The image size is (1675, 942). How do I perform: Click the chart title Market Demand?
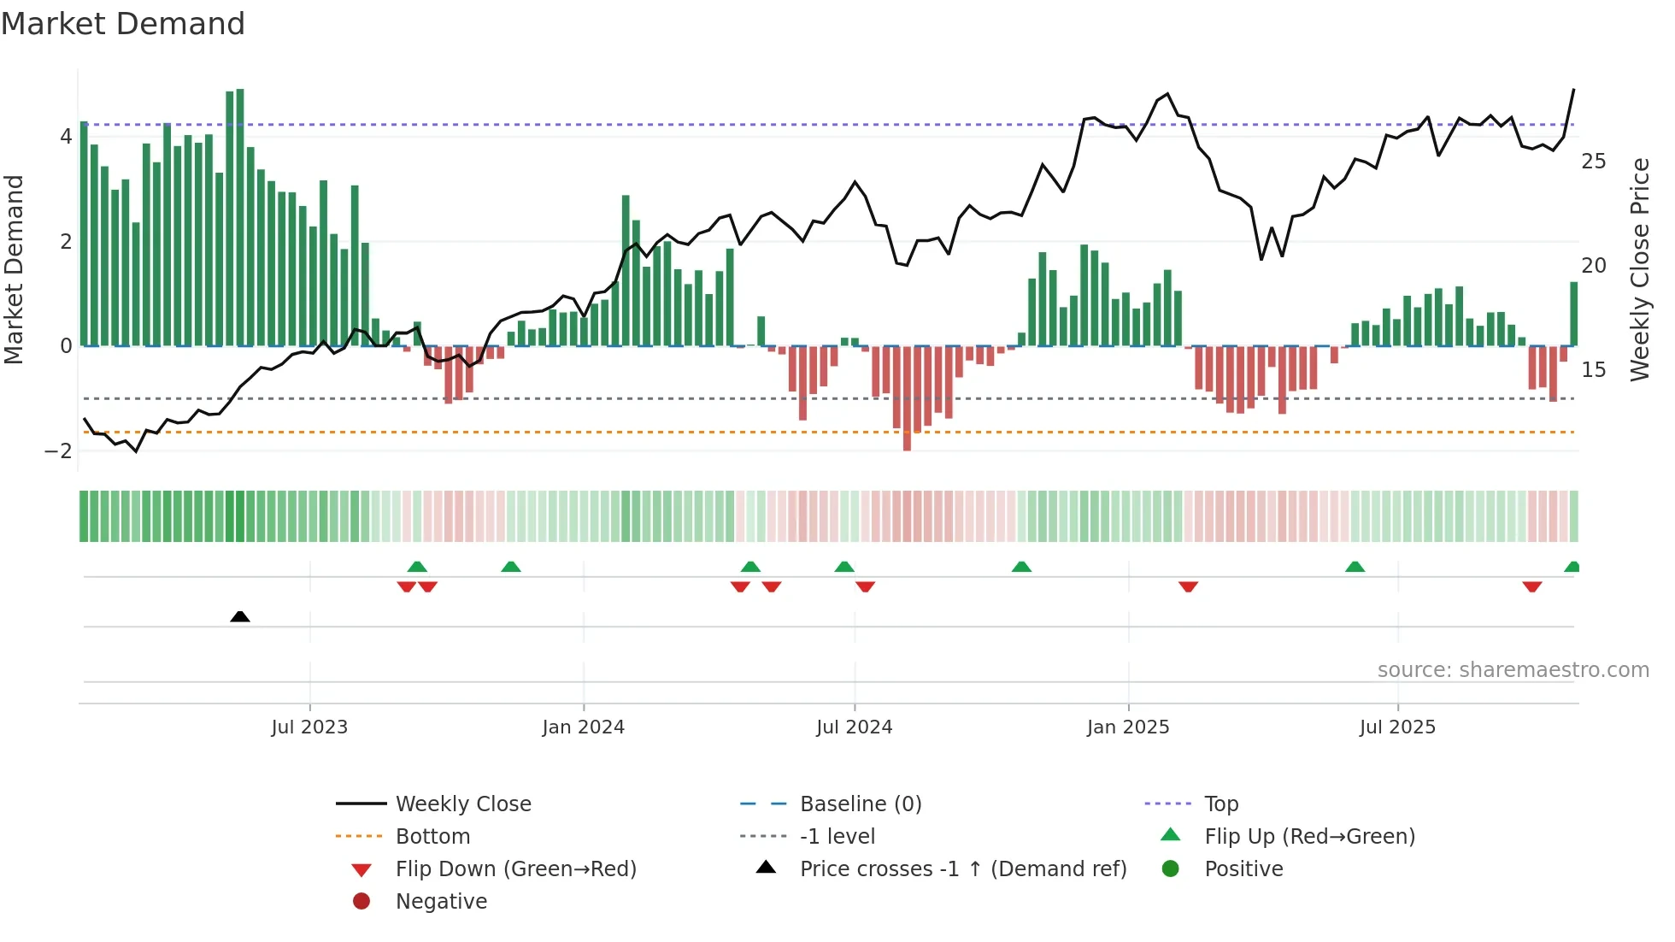click(x=123, y=24)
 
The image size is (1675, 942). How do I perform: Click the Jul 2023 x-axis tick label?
click(x=309, y=727)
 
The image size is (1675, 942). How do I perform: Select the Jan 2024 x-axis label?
click(x=584, y=727)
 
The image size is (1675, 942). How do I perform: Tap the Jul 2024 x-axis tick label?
click(x=854, y=727)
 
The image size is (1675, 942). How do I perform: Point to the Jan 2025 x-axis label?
click(x=1128, y=727)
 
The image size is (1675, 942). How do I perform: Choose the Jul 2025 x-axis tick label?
click(x=1397, y=727)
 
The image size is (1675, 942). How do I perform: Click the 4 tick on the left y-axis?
click(x=66, y=137)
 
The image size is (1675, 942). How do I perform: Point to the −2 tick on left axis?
click(x=58, y=451)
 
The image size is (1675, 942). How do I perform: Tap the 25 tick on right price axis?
click(x=1593, y=162)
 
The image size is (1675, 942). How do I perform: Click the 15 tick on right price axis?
click(x=1593, y=370)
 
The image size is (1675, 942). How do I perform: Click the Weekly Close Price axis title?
click(x=1639, y=269)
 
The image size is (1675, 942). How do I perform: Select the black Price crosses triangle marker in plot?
click(x=240, y=616)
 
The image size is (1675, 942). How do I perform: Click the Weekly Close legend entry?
click(x=462, y=804)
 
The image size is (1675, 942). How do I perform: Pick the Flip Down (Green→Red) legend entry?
click(x=515, y=869)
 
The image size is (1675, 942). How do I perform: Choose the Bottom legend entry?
click(x=432, y=837)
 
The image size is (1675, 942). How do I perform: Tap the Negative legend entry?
click(x=441, y=902)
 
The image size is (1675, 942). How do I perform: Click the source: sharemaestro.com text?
click(x=1513, y=670)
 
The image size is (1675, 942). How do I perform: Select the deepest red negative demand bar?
click(x=907, y=397)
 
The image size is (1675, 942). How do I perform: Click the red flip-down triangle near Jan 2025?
click(x=1188, y=586)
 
